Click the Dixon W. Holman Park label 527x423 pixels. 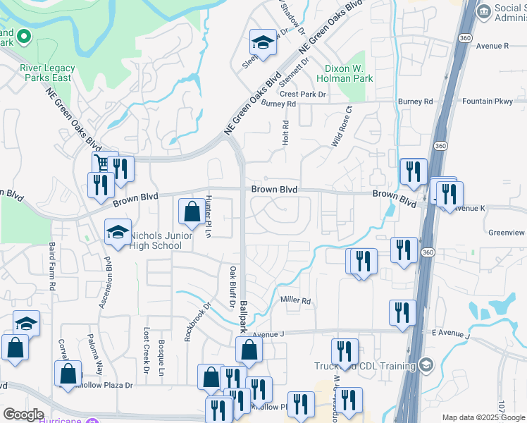tap(349, 74)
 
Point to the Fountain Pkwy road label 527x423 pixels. tap(488, 102)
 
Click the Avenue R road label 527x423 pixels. tap(492, 46)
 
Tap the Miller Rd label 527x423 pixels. tap(296, 301)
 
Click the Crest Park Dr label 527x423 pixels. tap(303, 94)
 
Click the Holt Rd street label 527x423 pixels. tap(286, 133)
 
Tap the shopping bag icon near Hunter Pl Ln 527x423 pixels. tap(192, 211)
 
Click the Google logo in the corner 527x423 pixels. tap(23, 415)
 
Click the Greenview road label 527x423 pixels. tap(507, 232)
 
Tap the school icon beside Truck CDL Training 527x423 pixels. tap(426, 364)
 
